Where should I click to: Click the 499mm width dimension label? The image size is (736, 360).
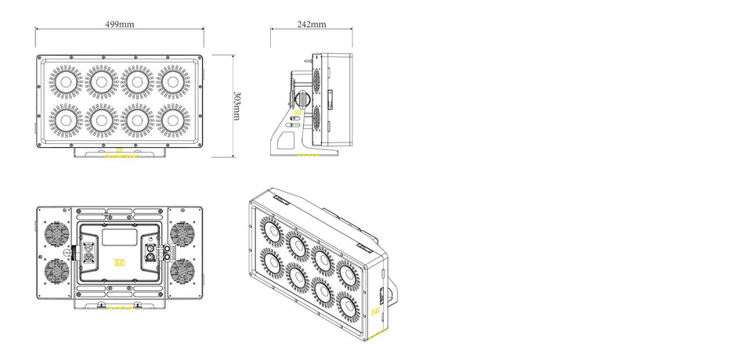click(x=120, y=24)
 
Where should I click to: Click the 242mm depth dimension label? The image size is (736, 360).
click(x=312, y=24)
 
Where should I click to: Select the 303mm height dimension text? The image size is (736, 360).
click(x=237, y=106)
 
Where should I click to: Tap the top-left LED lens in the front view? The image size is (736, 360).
click(x=66, y=81)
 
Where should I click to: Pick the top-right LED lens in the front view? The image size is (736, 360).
click(x=172, y=81)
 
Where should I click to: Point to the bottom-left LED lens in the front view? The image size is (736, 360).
click(x=66, y=121)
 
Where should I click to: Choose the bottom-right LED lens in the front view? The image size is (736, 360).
click(x=172, y=121)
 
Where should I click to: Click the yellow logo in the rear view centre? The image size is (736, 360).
click(x=120, y=263)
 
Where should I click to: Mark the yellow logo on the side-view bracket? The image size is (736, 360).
click(x=298, y=114)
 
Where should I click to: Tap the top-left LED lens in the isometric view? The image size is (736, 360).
click(x=271, y=230)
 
